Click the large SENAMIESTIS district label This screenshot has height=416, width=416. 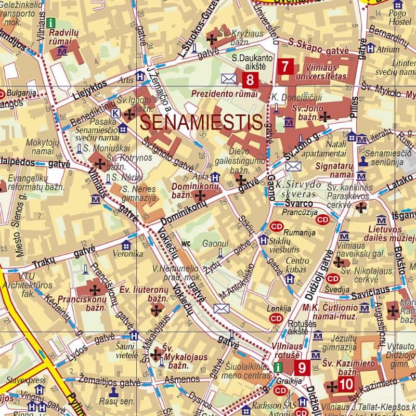pos(201,123)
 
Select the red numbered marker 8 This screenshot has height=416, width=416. pos(250,80)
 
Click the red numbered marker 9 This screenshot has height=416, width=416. pos(302,368)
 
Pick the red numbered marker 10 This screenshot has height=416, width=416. pos(346,385)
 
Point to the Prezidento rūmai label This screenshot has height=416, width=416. pos(225,94)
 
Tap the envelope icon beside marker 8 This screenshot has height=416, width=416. pos(229,79)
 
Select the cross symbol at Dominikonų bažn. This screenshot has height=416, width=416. pos(199,196)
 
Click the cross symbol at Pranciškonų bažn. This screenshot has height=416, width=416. pos(95,289)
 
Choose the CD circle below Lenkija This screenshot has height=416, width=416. pos(276,318)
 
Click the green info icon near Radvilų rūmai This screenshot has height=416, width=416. pos(50,22)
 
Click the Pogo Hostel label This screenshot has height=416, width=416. pos(397,17)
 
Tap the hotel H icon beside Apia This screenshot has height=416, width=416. pos(215,177)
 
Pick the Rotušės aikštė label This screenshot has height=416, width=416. pos(298,327)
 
